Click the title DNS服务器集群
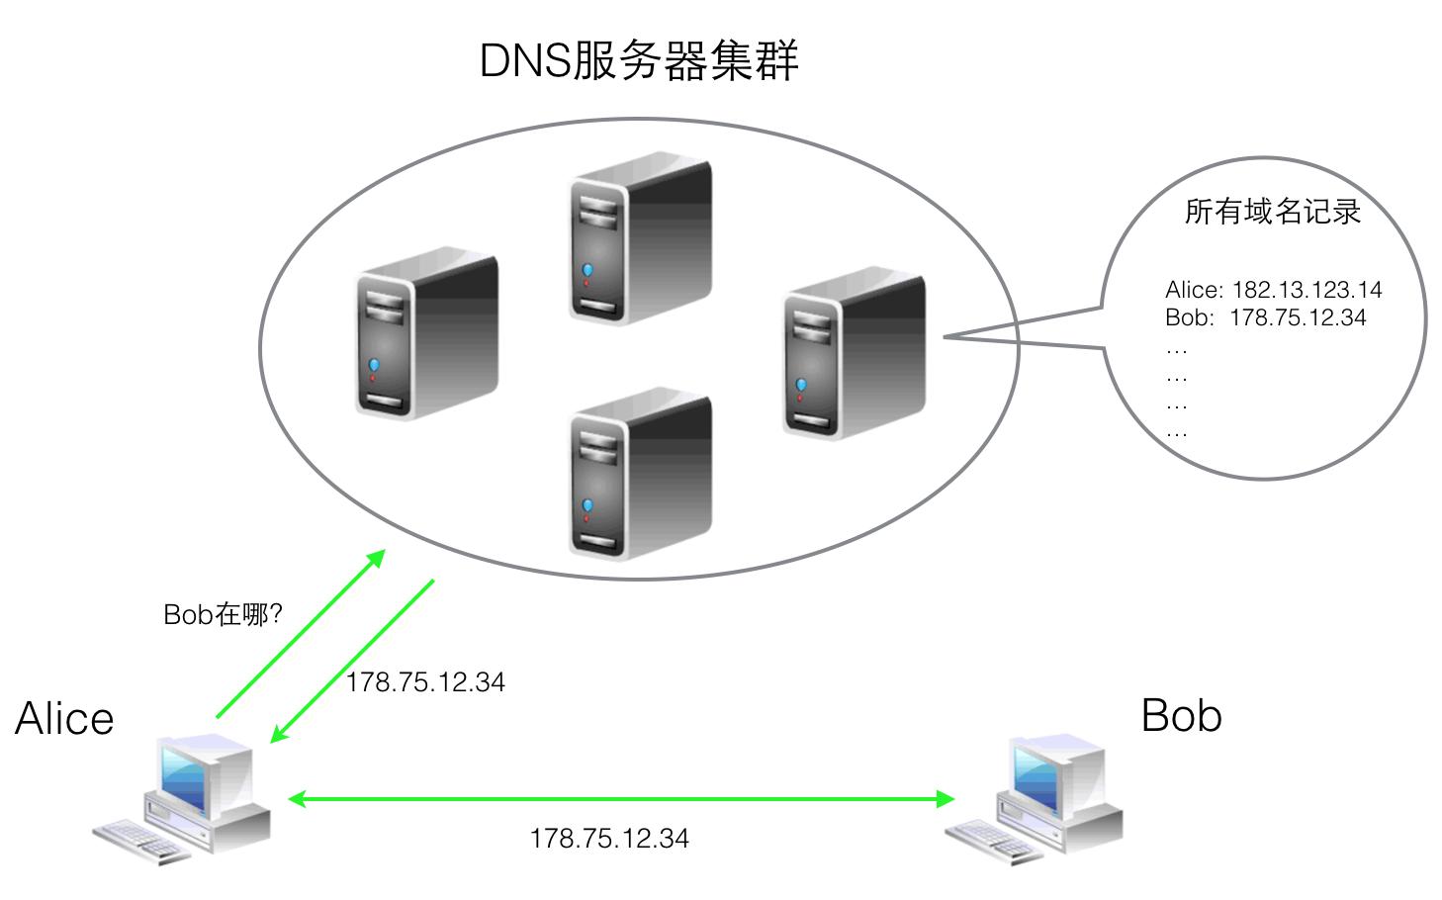pos(638,61)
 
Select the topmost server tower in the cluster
pos(639,237)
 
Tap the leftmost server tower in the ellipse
pos(426,333)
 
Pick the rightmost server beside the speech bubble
pos(854,353)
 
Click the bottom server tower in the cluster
pos(639,473)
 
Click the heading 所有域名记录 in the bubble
pos(1272,212)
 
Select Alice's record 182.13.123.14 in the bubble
pos(1273,290)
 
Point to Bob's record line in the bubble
pos(1265,317)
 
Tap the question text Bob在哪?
pos(224,615)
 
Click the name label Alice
pos(64,719)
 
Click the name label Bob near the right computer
pos(1181,715)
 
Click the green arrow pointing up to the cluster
pos(300,634)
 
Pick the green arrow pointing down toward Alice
pos(352,661)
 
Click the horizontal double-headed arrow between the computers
pos(621,798)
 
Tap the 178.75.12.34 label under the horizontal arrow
pos(609,839)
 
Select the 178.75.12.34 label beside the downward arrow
pos(425,682)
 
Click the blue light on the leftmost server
pos(374,366)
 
